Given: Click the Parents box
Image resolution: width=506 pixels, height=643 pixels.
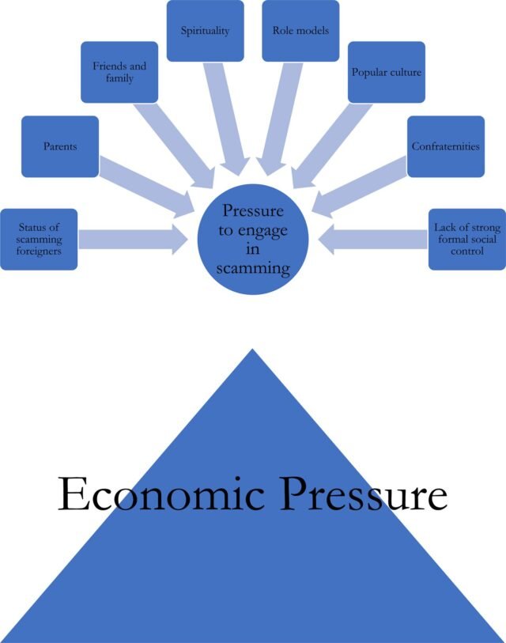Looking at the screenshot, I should tap(60, 146).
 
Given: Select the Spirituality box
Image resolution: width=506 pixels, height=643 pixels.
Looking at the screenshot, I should tap(205, 31).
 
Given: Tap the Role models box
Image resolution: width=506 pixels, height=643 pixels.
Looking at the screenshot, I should tap(300, 31).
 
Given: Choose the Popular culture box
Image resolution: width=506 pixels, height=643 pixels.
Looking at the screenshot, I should tap(386, 73).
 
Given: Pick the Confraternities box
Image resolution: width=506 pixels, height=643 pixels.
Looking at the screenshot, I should tap(445, 146).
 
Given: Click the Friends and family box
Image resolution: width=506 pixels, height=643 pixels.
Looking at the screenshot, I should tap(119, 73).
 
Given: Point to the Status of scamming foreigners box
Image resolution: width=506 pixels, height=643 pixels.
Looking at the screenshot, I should tap(39, 239).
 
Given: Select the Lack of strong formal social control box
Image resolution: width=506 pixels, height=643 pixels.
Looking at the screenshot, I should tap(466, 239).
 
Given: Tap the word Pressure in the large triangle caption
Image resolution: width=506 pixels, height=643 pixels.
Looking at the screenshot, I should tap(359, 495).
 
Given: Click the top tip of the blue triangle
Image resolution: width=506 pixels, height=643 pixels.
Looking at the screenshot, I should tap(252, 353).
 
